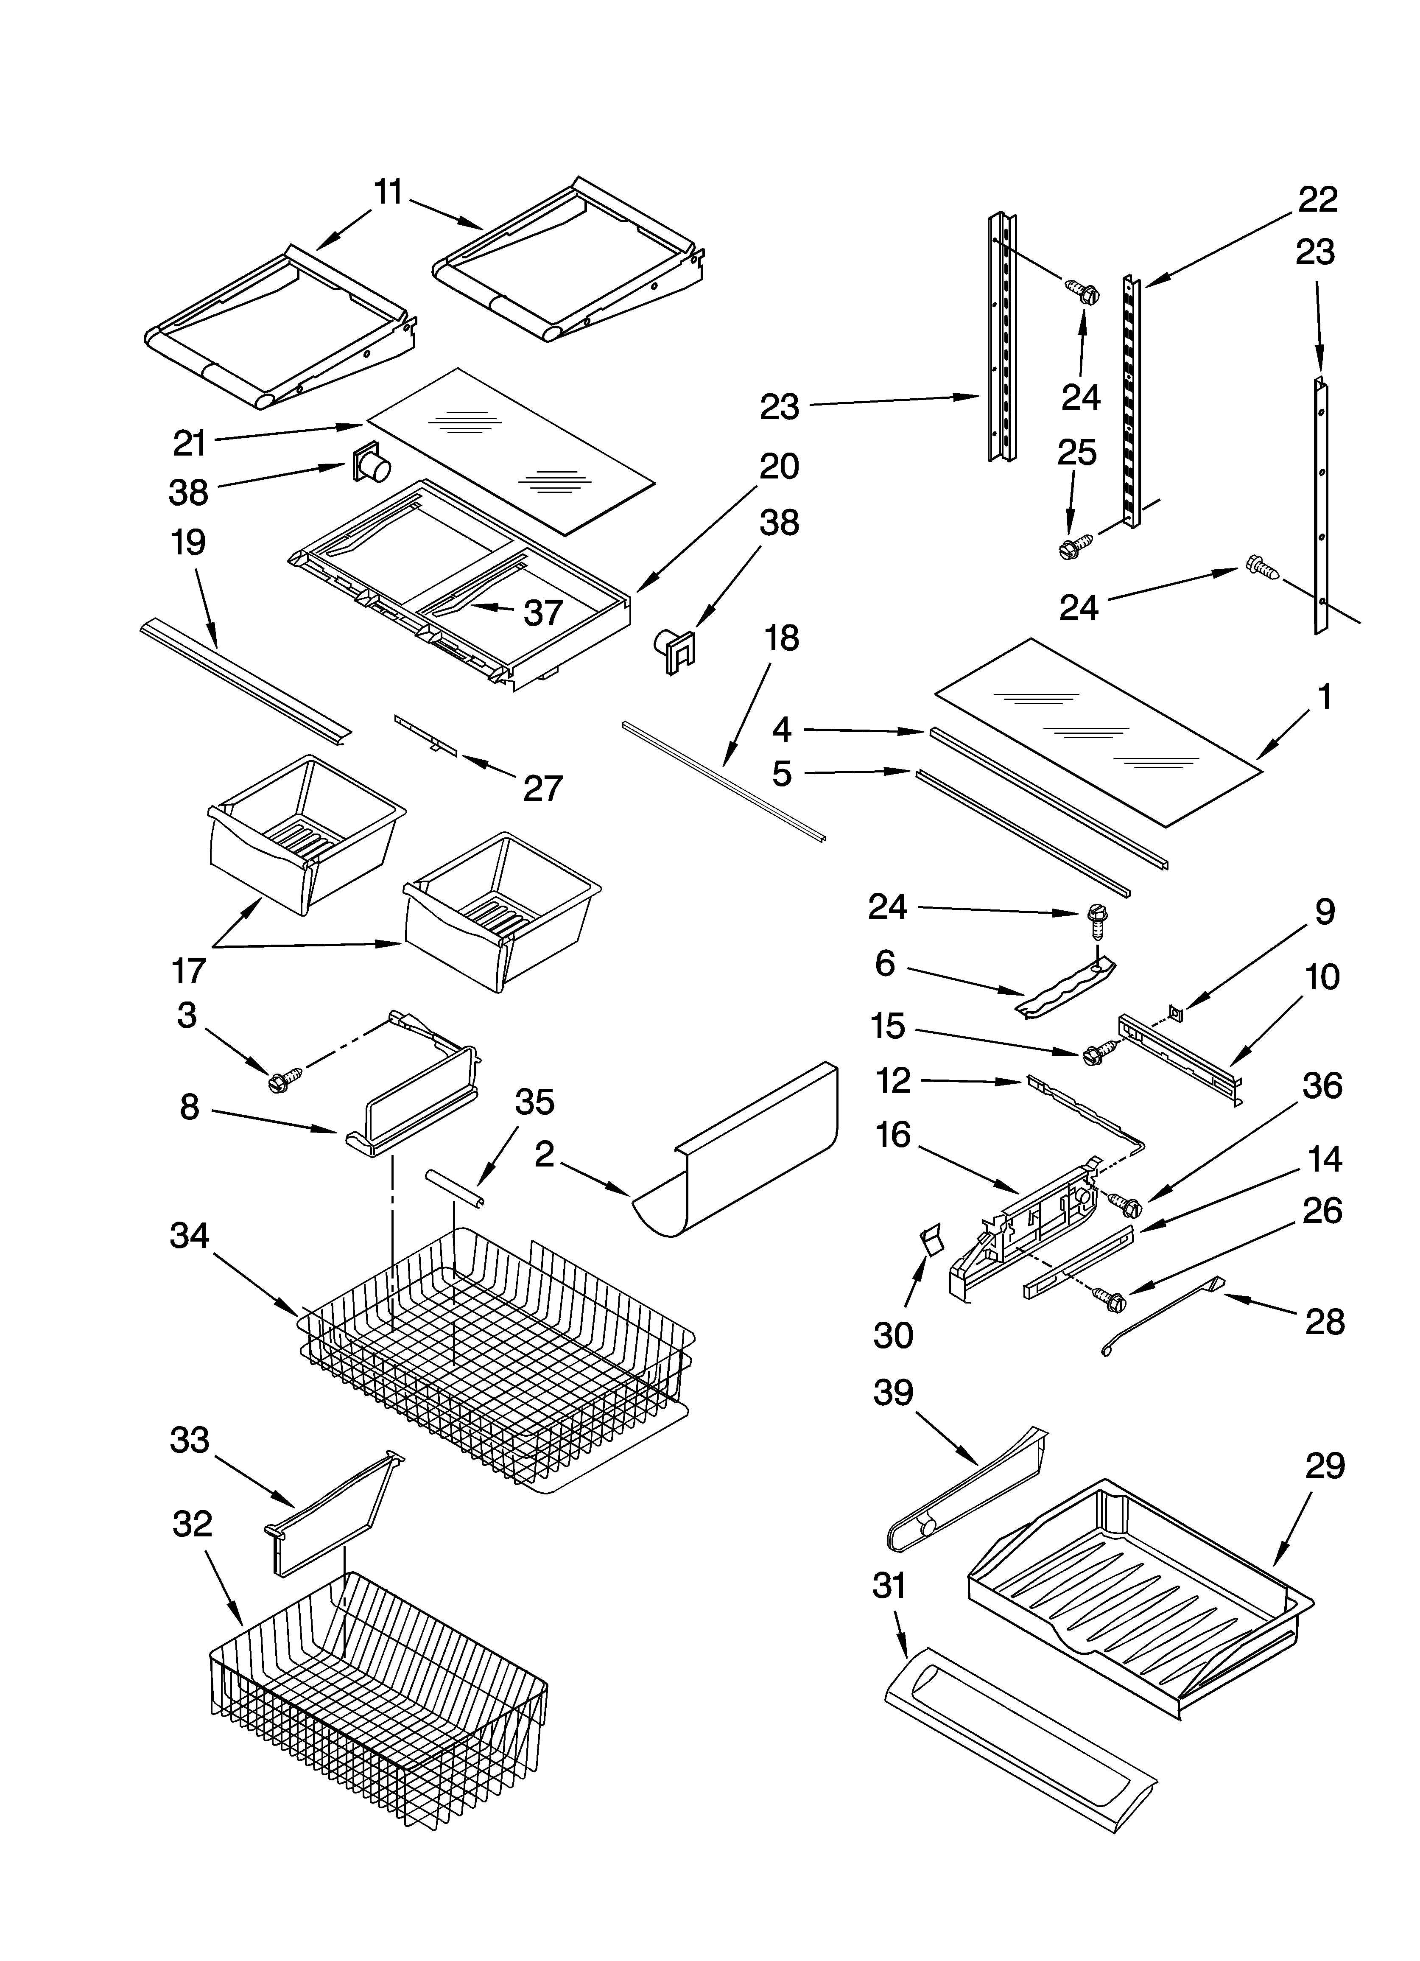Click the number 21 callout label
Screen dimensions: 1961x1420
(x=190, y=444)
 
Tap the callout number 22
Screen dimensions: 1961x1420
(x=1317, y=200)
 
